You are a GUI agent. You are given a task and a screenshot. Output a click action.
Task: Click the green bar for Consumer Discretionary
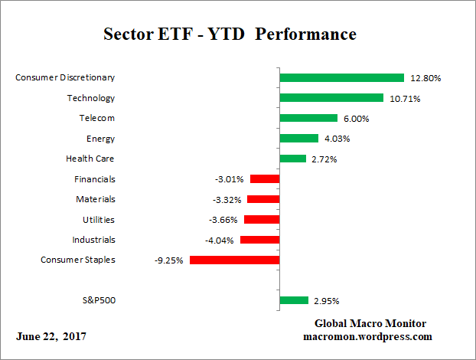341,77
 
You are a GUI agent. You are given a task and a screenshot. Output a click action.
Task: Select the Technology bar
331,98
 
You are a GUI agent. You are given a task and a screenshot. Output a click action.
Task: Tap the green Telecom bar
308,118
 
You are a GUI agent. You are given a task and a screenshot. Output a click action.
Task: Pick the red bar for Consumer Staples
234,260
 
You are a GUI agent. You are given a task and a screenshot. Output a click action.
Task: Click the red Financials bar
265,179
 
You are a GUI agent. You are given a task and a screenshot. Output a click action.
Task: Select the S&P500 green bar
294,300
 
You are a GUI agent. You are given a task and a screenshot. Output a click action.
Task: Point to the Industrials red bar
259,240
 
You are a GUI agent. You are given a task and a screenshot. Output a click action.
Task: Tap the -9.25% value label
169,260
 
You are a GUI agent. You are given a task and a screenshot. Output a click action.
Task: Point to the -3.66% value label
223,220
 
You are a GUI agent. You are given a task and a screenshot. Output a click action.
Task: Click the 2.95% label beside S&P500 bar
325,301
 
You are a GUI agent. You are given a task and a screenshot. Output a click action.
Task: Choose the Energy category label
101,138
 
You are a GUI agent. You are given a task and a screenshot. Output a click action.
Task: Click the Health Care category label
91,159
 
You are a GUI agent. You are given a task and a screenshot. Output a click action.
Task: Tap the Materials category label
95,199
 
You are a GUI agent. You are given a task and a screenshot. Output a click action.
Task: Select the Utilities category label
98,219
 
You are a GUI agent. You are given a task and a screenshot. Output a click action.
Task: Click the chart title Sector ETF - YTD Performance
230,34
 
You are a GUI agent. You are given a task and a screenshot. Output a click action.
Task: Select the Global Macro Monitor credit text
370,323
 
